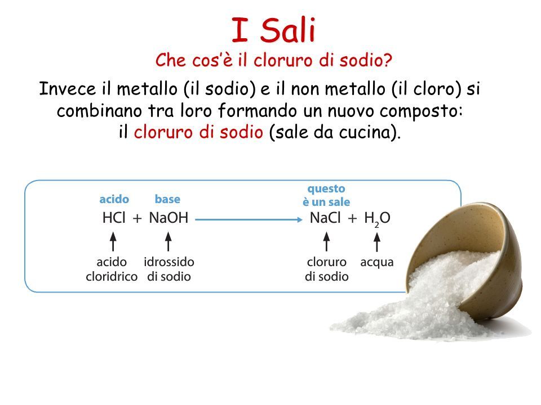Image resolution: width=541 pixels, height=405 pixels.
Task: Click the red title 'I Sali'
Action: point(274,30)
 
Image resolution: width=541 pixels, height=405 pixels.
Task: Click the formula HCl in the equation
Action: point(114,218)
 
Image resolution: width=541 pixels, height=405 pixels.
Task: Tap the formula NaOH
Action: point(168,218)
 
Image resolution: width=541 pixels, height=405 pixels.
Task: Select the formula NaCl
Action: point(325,218)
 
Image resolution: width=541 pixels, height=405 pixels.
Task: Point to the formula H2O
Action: point(377,219)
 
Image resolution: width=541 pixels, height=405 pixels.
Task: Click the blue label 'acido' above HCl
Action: point(114,199)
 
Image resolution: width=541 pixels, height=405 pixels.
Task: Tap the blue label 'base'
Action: point(167,199)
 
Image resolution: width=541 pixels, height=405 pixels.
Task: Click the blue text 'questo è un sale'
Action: point(326,195)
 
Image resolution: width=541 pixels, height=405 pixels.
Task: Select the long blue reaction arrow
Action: point(249,219)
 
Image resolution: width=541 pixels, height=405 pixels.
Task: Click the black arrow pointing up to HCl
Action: point(113,241)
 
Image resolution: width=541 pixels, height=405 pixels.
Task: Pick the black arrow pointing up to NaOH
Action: point(168,241)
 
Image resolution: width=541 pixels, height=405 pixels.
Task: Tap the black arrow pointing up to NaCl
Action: point(326,241)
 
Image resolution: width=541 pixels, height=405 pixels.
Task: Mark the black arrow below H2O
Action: point(377,242)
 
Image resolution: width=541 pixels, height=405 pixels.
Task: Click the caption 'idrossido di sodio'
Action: point(169,269)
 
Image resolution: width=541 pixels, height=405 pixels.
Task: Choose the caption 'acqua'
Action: point(377,263)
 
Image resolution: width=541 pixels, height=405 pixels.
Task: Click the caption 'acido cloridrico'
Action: point(112,269)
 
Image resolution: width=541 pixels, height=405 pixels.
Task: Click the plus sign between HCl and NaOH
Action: point(138,218)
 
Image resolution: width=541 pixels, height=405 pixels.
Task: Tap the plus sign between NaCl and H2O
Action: point(352,218)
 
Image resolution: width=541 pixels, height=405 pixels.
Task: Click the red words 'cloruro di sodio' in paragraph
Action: point(198,132)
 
